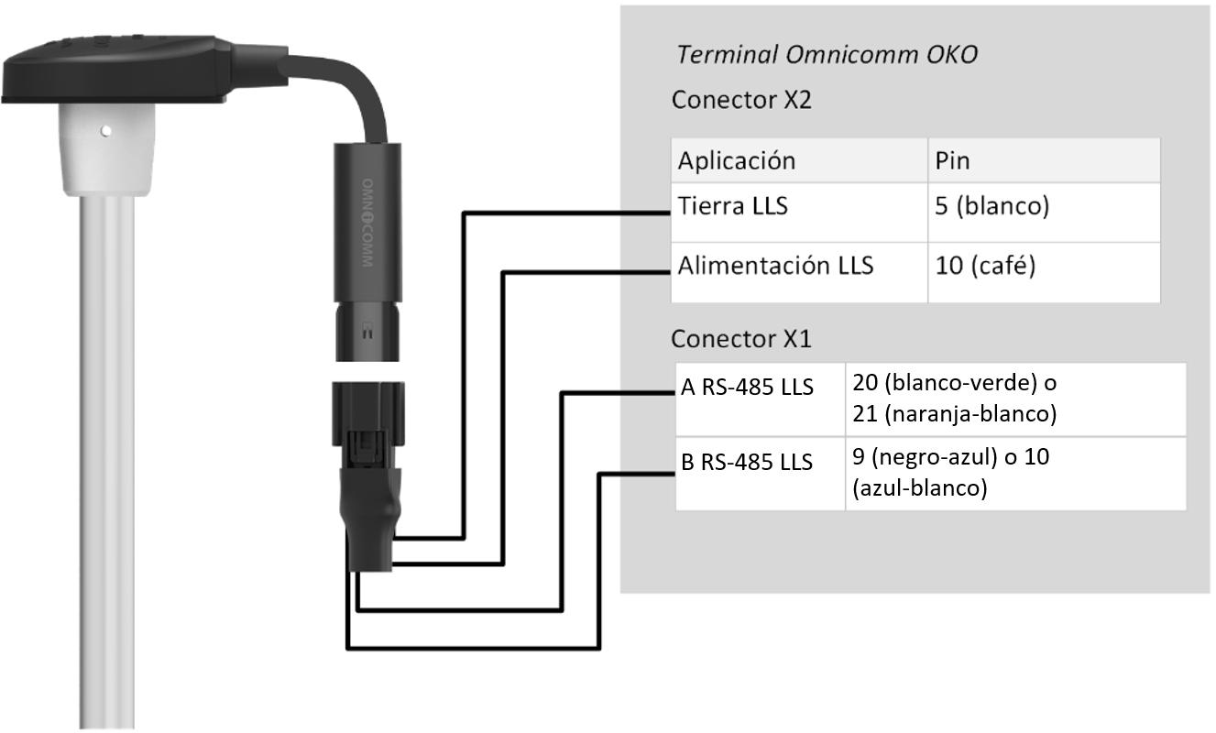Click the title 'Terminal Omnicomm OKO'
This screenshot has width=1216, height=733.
point(826,55)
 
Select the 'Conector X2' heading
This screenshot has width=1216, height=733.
point(740,100)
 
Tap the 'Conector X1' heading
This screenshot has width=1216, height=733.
point(740,339)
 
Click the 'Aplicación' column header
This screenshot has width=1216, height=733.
point(736,161)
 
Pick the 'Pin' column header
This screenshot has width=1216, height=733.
point(952,161)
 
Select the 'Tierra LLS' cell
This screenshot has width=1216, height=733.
point(732,207)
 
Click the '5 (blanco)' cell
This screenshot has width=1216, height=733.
point(990,207)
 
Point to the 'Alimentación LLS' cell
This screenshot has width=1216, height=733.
point(775,267)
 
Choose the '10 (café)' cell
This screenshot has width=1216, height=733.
point(983,267)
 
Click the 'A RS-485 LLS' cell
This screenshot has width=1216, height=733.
point(747,388)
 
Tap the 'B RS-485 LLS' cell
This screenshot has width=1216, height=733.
point(747,463)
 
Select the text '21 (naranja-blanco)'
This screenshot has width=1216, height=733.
point(954,414)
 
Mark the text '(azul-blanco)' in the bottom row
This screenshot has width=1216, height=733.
point(918,489)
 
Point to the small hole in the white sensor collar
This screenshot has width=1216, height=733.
point(104,130)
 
